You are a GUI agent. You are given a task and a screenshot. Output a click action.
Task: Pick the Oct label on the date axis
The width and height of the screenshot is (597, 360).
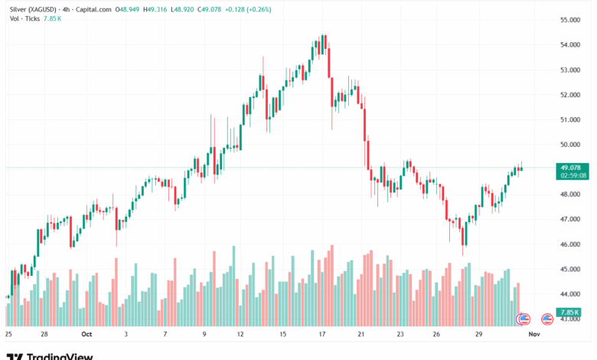pyautogui.click(x=86, y=335)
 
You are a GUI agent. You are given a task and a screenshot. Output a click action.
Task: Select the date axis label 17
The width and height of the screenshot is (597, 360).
pyautogui.click(x=323, y=335)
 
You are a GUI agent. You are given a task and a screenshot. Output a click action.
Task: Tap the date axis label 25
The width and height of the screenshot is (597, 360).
pyautogui.click(x=8, y=335)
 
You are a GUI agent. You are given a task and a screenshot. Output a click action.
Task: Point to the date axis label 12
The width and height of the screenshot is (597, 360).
pyautogui.click(x=240, y=335)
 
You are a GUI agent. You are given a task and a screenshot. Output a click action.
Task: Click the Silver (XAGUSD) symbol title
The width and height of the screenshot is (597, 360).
pyautogui.click(x=33, y=8)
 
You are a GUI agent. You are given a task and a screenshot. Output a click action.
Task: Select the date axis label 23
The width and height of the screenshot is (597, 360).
pyautogui.click(x=401, y=335)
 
